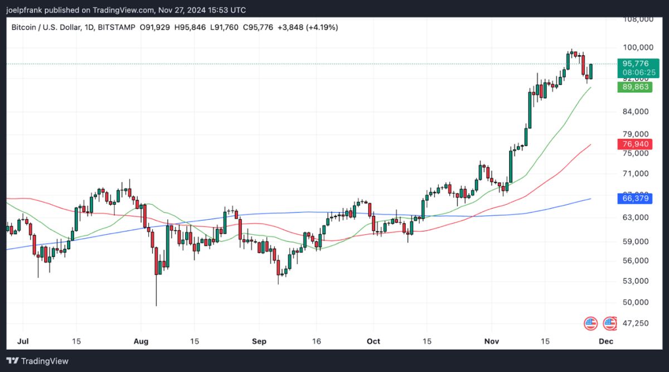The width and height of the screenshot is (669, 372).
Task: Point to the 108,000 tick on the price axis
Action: [x=638, y=19]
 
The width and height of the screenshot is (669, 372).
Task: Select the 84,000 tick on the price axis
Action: [x=636, y=112]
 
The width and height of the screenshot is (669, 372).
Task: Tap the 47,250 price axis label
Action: [x=636, y=323]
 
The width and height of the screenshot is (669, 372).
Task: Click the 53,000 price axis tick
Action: [x=636, y=281]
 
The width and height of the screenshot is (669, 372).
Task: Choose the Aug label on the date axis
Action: [x=141, y=341]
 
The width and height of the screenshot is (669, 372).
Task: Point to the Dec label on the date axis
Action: [x=606, y=341]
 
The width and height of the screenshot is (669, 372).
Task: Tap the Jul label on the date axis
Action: [x=23, y=341]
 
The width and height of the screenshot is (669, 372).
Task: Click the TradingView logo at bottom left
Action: [x=38, y=361]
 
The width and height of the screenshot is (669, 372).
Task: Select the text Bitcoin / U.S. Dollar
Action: [x=45, y=27]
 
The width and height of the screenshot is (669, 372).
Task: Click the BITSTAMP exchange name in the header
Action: [x=117, y=27]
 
